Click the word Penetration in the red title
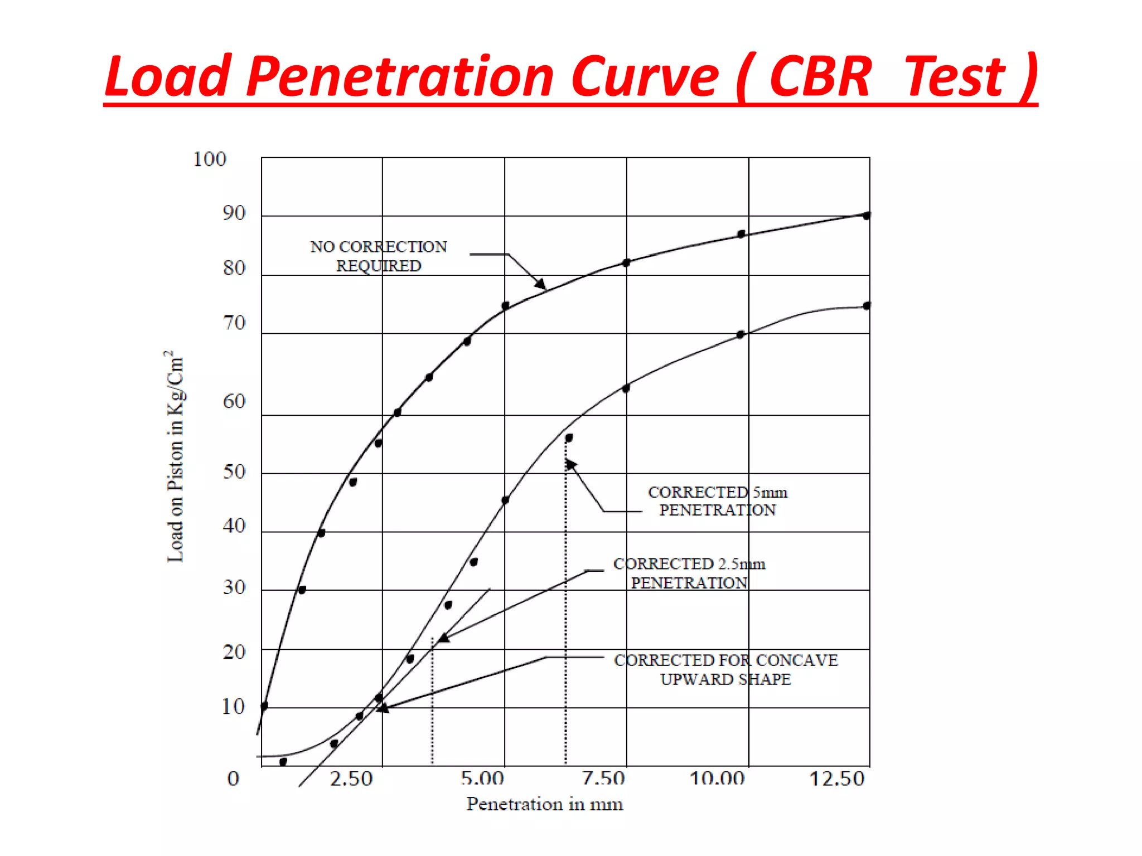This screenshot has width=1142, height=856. pyautogui.click(x=399, y=76)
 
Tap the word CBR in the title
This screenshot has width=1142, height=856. pyautogui.click(x=820, y=76)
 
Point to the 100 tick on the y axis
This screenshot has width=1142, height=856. pyautogui.click(x=210, y=159)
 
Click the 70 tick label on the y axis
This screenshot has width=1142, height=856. pyautogui.click(x=234, y=323)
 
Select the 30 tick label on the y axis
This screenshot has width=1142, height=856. pyautogui.click(x=234, y=587)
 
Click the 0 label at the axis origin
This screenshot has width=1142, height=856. pyautogui.click(x=233, y=778)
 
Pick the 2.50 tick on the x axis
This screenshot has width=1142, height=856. pyautogui.click(x=351, y=778)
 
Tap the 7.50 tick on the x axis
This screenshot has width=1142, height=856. pyautogui.click(x=603, y=778)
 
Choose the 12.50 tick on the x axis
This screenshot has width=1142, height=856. pyautogui.click(x=836, y=778)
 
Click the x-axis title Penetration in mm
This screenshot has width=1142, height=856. pyautogui.click(x=545, y=804)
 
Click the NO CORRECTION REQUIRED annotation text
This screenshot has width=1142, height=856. pyautogui.click(x=379, y=256)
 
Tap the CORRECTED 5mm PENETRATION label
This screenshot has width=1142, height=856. pyautogui.click(x=718, y=501)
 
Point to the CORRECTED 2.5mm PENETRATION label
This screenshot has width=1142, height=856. pyautogui.click(x=689, y=573)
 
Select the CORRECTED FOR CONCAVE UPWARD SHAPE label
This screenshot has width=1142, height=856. pyautogui.click(x=725, y=669)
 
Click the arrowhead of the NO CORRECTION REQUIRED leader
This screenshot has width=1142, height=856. pyautogui.click(x=541, y=285)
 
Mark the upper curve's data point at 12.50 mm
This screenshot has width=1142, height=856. pyautogui.click(x=867, y=216)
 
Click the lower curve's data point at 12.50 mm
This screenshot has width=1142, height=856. pyautogui.click(x=867, y=305)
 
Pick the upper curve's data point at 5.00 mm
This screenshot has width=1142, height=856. pyautogui.click(x=505, y=305)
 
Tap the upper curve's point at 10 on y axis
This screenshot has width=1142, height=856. pyautogui.click(x=264, y=706)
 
